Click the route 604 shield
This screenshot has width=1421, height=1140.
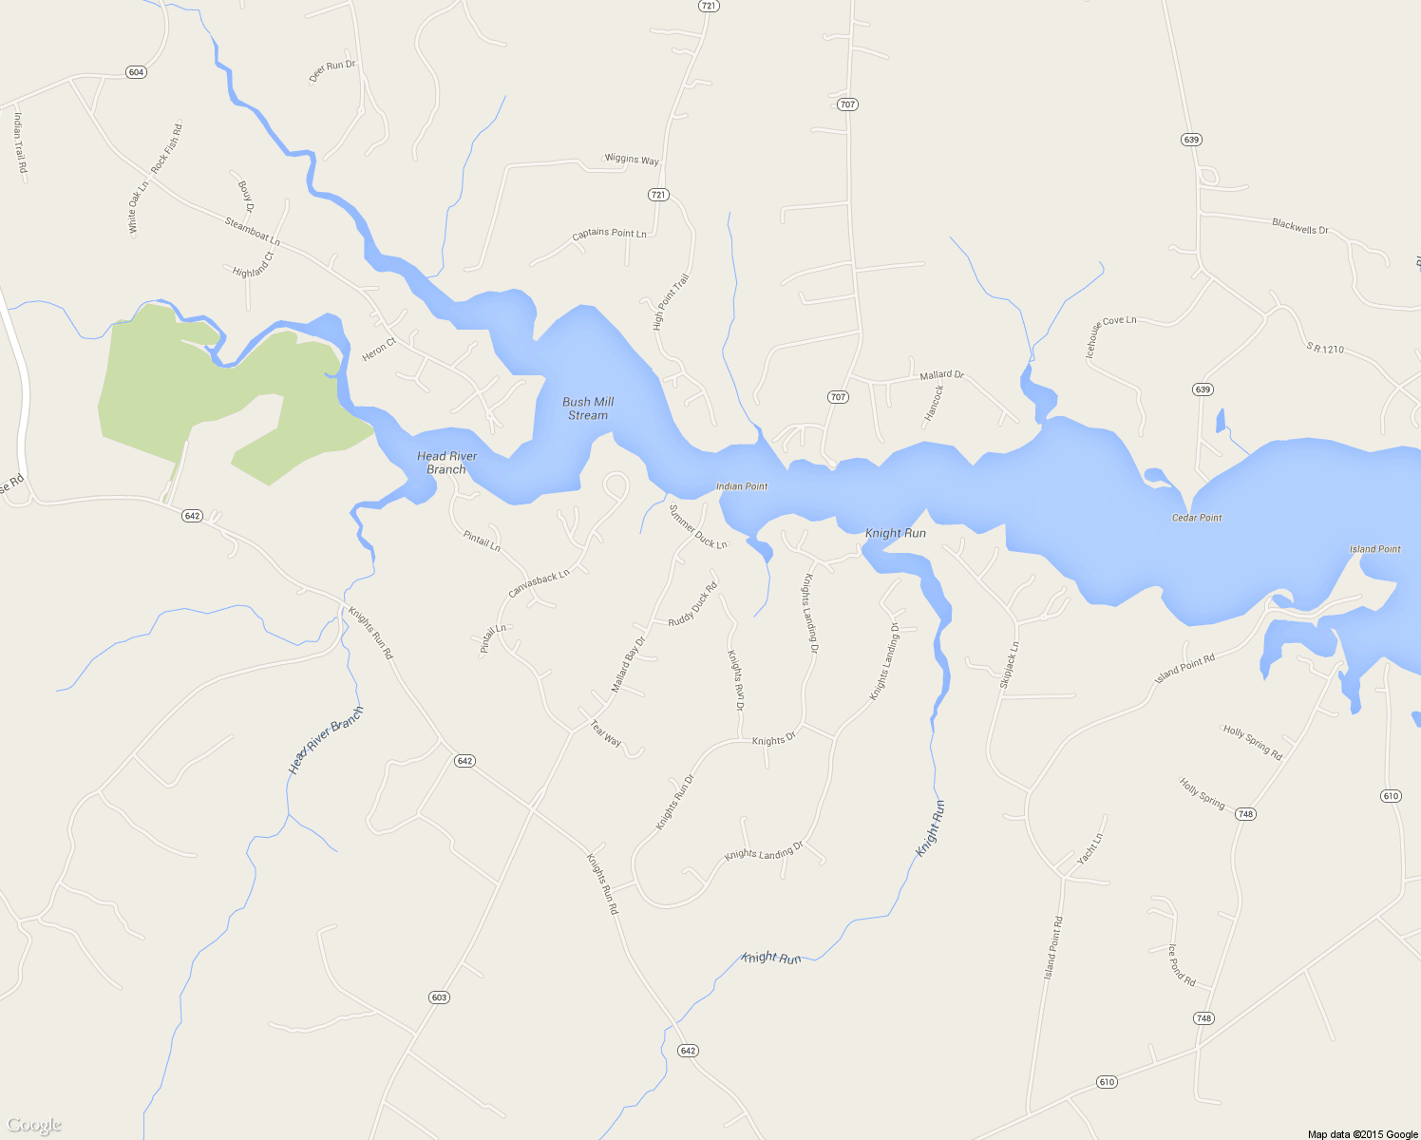pos(136,72)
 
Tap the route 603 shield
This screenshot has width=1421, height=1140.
pos(439,997)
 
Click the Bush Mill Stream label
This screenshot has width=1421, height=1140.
pos(588,408)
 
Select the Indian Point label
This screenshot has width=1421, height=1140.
pos(742,486)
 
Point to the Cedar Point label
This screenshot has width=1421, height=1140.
pos(1197,518)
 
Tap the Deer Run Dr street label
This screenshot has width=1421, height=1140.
pos(332,71)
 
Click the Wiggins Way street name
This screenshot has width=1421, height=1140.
pos(632,159)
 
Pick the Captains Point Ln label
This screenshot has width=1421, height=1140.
pos(609,234)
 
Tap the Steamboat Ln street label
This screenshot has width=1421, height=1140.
pos(252,232)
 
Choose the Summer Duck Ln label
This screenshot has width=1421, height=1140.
pos(698,527)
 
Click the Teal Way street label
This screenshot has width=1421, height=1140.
pos(606,733)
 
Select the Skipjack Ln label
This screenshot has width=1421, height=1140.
pos(1009,665)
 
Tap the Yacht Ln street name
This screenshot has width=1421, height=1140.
pos(1090,849)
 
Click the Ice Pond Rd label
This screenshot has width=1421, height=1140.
pos(1182,965)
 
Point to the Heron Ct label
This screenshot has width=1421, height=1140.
pos(378,350)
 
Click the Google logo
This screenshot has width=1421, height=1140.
pos(34,1126)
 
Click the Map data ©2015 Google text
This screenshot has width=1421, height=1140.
pos(1362,1134)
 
